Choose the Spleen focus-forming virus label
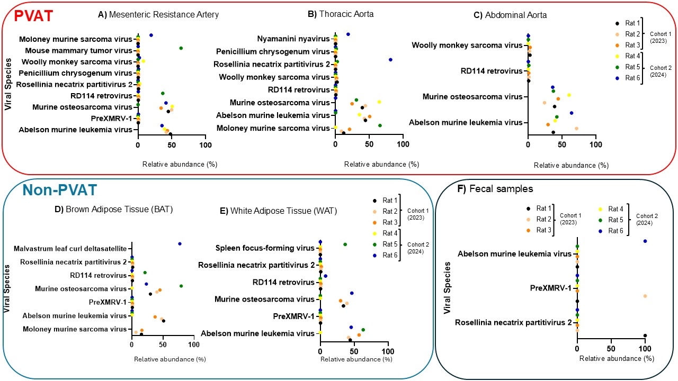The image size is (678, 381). coord(265,248)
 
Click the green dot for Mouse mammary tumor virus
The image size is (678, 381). coord(181,48)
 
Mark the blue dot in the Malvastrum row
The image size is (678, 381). coord(180,244)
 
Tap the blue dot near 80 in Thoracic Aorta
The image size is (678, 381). coord(390,60)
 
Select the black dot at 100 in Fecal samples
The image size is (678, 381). coord(645,335)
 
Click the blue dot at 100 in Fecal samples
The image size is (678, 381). coord(645,241)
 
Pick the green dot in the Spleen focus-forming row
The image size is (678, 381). coord(345,244)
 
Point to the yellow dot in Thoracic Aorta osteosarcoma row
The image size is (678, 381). coord(379,102)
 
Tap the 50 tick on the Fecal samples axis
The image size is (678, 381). coord(611,349)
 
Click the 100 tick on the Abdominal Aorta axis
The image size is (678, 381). coord(596,144)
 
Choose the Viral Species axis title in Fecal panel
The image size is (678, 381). coord(448,289)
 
